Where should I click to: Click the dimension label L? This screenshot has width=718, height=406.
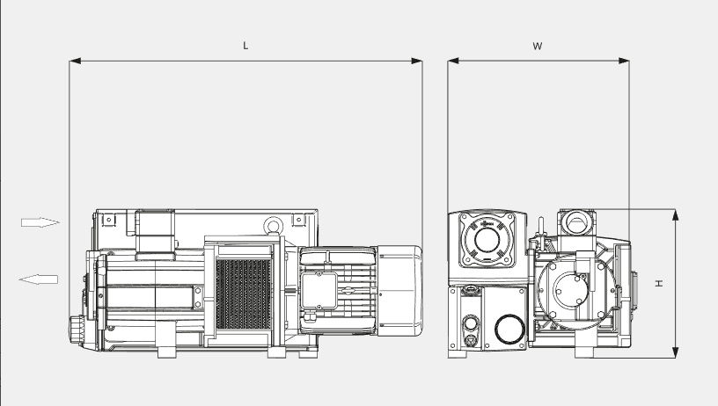(245, 45)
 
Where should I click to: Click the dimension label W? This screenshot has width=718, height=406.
(537, 45)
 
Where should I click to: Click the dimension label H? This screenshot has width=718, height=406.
(658, 283)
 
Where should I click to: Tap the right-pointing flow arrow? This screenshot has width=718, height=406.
(40, 222)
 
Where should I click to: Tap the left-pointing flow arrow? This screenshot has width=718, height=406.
(39, 279)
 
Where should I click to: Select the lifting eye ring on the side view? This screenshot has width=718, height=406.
(275, 226)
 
